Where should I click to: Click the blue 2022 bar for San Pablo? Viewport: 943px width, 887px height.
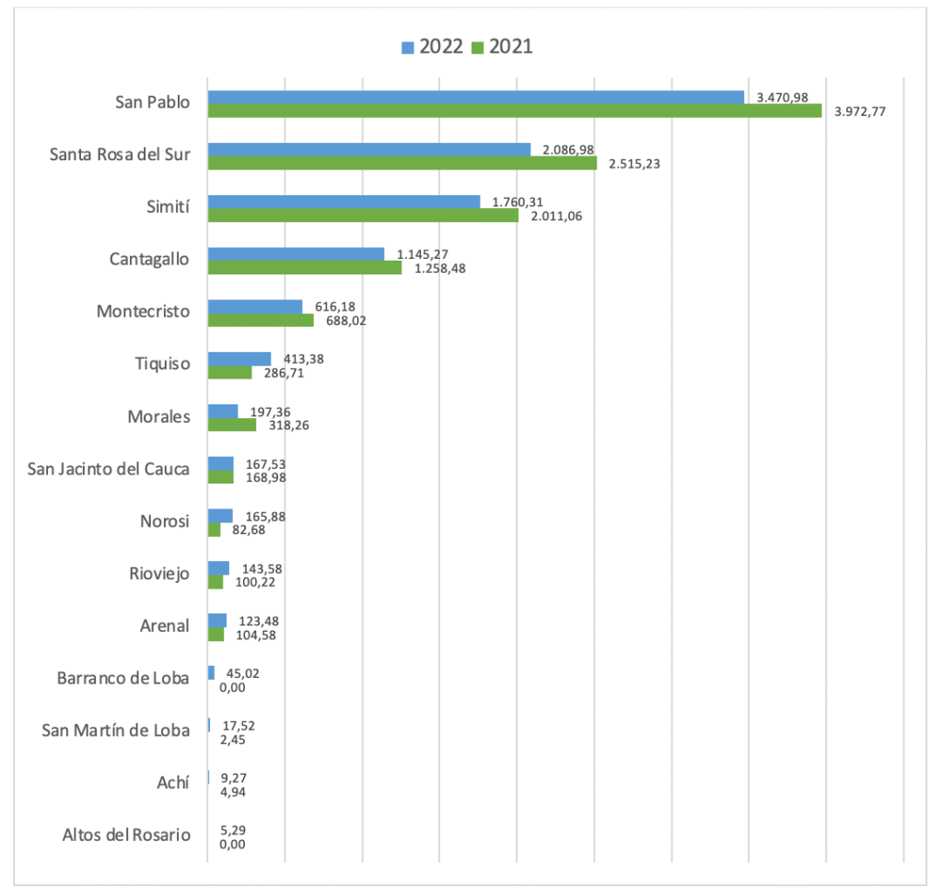[475, 97]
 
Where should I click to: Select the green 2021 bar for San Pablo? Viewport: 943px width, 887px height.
[514, 111]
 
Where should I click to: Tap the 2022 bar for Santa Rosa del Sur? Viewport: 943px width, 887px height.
[368, 149]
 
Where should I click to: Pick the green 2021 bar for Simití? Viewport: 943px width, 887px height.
[363, 216]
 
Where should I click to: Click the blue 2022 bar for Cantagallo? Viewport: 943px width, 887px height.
[296, 253]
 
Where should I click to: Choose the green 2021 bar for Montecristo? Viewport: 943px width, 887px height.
[261, 321]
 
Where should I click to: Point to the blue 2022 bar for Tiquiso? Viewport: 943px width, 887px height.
[239, 358]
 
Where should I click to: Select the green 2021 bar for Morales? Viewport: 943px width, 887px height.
[232, 425]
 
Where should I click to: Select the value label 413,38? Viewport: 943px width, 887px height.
[303, 359]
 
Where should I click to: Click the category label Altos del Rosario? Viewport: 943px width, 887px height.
[126, 835]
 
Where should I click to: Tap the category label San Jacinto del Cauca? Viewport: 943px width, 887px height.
[109, 469]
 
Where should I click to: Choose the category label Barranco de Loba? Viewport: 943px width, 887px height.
[122, 679]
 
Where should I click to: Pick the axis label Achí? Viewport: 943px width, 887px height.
[173, 783]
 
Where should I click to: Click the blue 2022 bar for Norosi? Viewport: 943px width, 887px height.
[220, 516]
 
